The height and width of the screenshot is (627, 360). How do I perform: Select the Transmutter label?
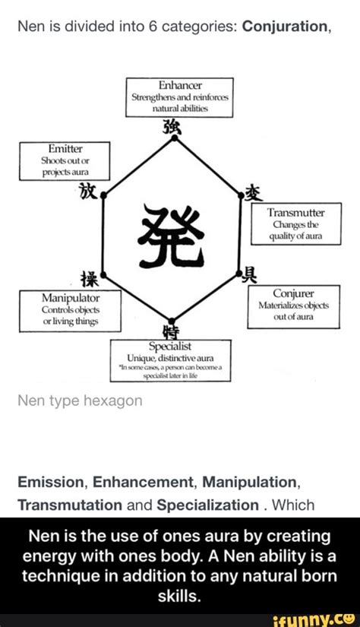[292, 214]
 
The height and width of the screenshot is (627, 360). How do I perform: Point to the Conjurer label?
[292, 292]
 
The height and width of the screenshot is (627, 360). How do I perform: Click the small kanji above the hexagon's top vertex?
[174, 125]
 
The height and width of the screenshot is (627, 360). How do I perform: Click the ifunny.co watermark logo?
[321, 617]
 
